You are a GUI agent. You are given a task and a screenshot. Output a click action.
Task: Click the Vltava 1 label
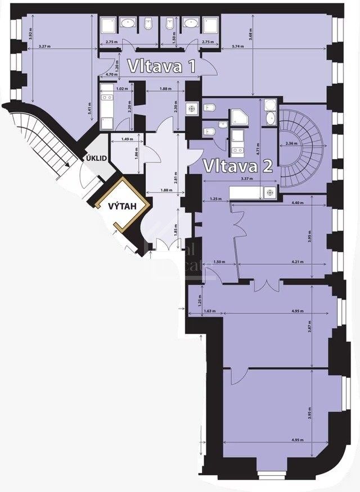[x=161, y=66]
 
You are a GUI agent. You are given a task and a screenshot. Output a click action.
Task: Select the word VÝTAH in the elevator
[x=121, y=206]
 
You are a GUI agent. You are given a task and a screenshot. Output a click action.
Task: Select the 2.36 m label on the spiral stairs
[x=292, y=143]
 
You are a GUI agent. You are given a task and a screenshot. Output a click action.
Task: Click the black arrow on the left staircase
[x=66, y=164]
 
